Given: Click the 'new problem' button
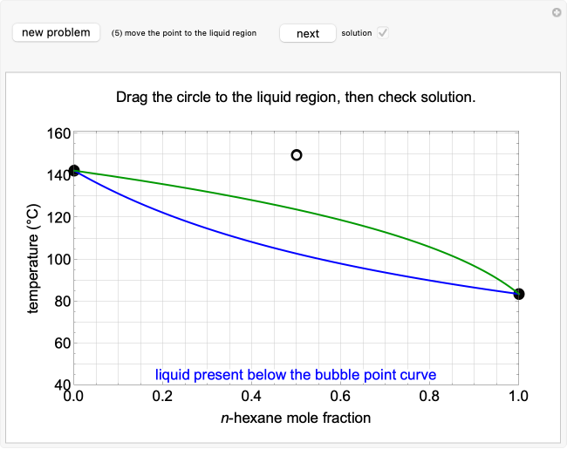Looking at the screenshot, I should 56,33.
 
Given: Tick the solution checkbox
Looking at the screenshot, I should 382,33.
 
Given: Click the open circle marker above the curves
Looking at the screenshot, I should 297,155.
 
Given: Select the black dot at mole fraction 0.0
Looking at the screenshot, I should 74,171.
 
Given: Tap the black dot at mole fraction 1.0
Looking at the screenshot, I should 519,294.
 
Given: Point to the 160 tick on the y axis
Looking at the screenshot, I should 58,134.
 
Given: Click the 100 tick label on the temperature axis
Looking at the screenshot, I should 58,260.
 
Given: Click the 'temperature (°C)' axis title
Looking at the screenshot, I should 33,259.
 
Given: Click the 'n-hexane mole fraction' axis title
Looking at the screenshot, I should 296,418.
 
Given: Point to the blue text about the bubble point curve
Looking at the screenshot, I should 296,375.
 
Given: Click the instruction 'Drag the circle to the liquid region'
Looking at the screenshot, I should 296,97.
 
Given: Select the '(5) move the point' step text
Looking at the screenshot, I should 183,33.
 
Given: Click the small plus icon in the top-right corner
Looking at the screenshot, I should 557,12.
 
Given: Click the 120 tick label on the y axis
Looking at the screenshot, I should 58,218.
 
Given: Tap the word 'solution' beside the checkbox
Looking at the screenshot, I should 356,33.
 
